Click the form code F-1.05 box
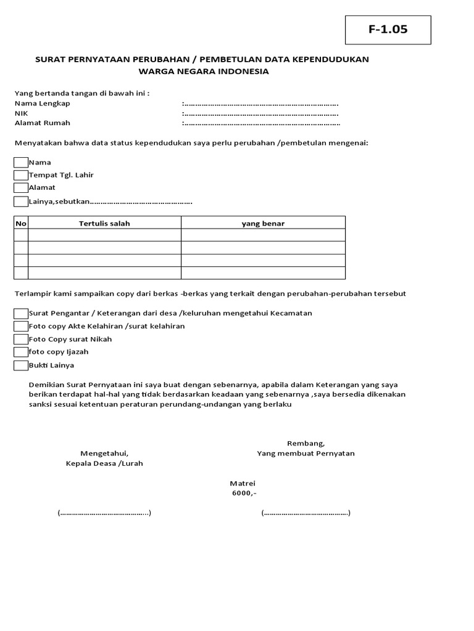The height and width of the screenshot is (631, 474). [388, 30]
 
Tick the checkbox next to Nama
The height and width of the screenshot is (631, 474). [21, 163]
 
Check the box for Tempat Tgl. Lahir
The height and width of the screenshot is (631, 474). [21, 176]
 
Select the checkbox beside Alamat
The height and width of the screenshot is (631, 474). [21, 188]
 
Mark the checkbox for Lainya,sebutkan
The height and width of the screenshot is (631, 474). [21, 202]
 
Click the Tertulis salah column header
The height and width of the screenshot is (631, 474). [104, 223]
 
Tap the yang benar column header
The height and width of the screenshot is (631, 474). [263, 223]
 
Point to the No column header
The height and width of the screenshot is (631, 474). [21, 223]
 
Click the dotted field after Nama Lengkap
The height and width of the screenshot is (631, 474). [260, 104]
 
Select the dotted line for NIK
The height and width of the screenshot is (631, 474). [260, 114]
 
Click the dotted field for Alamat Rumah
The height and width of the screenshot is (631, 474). [260, 123]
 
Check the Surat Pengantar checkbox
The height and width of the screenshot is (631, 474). [21, 314]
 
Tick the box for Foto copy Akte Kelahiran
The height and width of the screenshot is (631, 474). [21, 327]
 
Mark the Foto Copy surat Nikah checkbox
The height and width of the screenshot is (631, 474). [21, 340]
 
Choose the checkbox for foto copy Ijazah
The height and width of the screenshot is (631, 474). [21, 352]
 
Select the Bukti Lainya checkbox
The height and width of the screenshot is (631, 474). [21, 366]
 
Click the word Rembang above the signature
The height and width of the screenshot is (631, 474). [306, 444]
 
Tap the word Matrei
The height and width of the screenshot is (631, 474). [243, 484]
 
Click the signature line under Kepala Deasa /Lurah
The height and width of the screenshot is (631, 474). [104, 513]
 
